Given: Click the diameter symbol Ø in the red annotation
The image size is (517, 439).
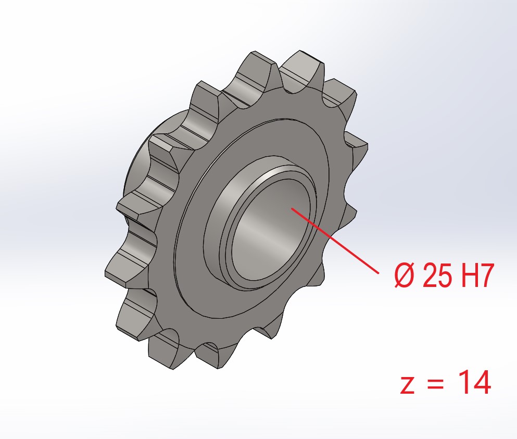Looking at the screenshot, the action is click(404, 275).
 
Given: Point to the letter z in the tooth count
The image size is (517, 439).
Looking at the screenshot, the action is click(407, 385).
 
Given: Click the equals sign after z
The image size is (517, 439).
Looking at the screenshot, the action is click(436, 384).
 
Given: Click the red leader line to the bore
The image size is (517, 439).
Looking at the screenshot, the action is click(335, 241).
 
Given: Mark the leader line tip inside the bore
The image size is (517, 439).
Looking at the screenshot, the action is click(292, 207).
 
